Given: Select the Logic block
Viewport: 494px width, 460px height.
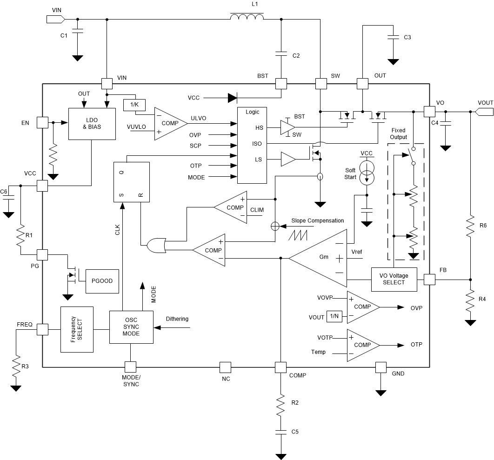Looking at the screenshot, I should pos(252,146).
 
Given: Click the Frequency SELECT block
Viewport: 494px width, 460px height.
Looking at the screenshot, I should pos(77,329).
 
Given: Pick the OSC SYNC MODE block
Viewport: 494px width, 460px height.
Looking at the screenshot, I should pos(131,327).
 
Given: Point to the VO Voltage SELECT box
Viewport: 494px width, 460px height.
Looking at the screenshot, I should pos(394,279).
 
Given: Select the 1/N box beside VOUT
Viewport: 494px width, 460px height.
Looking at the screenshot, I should pos(334,317).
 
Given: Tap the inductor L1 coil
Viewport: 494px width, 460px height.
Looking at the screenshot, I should pos(247,18).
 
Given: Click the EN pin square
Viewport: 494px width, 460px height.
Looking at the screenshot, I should pos(42,122).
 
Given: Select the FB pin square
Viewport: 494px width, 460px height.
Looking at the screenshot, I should pos(429,279).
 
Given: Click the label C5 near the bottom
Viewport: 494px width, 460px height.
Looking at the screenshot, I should pos(295,432).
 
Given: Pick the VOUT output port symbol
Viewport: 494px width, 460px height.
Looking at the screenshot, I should pos(484,112).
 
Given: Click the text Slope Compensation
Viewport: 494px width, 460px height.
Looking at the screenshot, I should pos(318,220).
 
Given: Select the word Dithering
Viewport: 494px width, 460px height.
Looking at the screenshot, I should pos(177,319).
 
